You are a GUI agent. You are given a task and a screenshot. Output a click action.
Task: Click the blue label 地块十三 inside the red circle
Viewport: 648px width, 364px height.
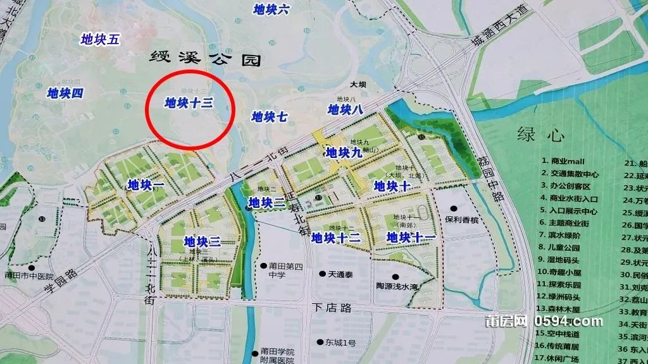[187, 102]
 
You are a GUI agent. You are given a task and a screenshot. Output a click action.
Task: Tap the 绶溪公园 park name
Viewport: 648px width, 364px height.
[206, 61]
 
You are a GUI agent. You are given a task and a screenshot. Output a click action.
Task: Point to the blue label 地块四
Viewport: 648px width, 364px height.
[66, 94]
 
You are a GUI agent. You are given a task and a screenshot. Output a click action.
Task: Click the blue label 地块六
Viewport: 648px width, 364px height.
[271, 9]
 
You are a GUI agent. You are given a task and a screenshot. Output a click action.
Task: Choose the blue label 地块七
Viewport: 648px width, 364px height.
[270, 116]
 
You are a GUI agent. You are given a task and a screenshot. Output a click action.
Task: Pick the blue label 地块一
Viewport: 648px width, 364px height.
[146, 185]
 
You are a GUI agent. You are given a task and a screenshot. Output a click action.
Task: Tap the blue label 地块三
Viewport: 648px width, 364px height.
[202, 241]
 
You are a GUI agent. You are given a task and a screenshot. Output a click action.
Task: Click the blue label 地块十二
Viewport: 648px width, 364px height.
[336, 238]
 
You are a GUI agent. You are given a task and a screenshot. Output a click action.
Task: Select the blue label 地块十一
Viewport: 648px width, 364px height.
[411, 238]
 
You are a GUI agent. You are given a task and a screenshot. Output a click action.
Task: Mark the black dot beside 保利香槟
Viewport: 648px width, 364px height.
[454, 209]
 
